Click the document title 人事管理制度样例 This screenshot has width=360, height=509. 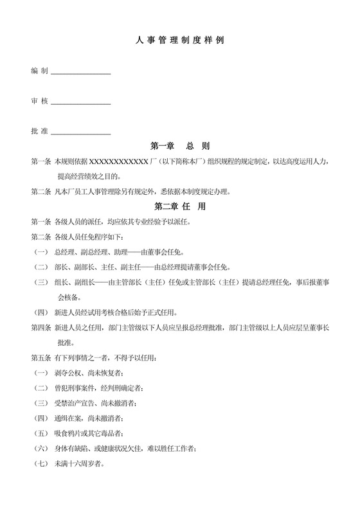(180, 40)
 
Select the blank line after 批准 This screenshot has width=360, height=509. (80, 134)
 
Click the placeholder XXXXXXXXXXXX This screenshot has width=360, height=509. (119, 161)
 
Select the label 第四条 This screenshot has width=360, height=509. (40, 327)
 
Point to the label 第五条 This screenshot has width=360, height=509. (40, 357)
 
